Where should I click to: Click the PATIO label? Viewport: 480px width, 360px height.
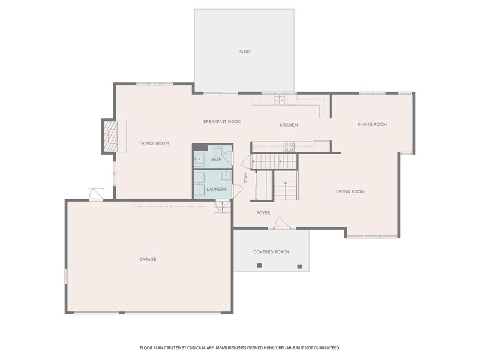pos(244,52)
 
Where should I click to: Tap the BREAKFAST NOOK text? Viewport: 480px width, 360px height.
pos(222,122)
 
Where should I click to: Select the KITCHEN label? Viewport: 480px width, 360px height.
pos(289,125)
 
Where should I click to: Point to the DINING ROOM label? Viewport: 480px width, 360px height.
pos(372,124)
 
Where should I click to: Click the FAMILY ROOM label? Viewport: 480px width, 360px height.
pos(154,143)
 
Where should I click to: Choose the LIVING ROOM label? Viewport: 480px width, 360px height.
pos(350,191)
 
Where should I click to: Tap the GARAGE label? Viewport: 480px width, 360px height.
pos(148,259)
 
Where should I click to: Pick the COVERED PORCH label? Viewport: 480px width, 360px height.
pos(271,252)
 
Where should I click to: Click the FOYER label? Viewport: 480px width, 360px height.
pos(263,213)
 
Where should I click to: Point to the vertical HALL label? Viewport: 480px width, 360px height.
pos(245,178)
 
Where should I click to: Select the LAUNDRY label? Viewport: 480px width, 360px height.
pos(217,189)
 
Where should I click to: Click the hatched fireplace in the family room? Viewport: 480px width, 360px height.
pos(110,136)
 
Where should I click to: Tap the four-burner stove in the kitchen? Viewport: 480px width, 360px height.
pos(289,146)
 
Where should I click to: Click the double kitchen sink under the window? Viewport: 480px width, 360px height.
pos(280,100)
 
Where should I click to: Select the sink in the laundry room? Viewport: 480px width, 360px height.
pos(226,176)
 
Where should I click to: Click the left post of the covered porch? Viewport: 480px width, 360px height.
pos(259,265)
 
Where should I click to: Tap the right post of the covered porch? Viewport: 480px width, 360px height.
pos(299,266)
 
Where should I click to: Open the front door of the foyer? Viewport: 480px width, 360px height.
pos(281,224)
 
